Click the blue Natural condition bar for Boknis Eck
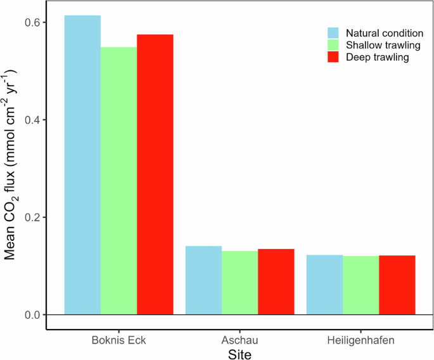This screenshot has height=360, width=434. tap(82, 165)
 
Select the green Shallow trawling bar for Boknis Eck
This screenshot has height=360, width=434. tap(119, 181)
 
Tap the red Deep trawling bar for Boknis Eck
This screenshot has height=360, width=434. tap(155, 174)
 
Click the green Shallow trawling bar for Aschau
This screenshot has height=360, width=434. tap(239, 283)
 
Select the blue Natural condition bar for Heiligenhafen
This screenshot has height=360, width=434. tap(324, 285)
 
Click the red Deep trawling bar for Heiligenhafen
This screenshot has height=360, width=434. tap(397, 285)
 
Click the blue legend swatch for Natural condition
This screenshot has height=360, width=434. tap(334, 33)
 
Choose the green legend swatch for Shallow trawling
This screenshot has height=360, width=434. tap(334, 45)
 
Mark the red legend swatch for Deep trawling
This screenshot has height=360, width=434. tap(334, 57)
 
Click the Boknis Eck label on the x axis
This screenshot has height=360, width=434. tap(119, 340)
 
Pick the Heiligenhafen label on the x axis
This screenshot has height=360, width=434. tap(361, 340)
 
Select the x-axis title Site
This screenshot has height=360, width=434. tap(239, 353)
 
